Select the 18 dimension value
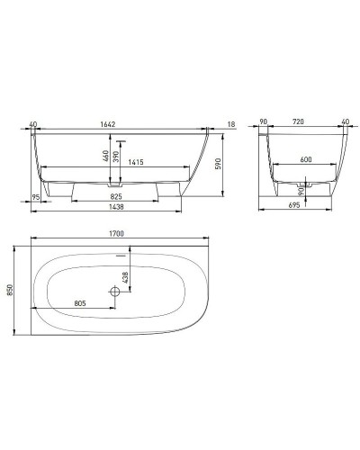pos(232,125)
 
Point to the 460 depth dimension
pos(105,156)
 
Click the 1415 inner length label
pos(137,163)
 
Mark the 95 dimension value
pos(35,196)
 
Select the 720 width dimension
pos(298,125)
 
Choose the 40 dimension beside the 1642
pos(34,125)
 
